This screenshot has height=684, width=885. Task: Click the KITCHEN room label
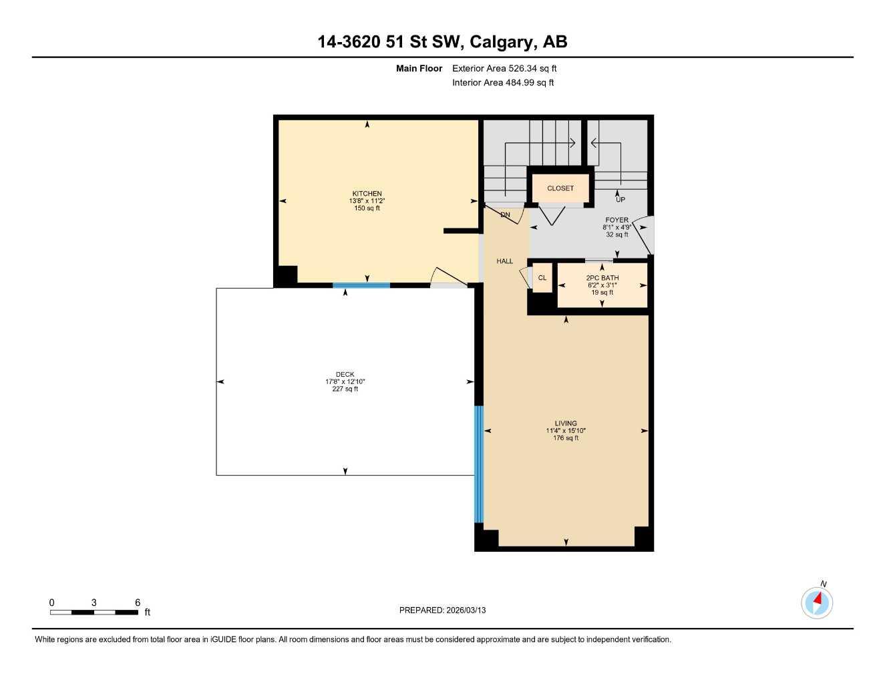(x=367, y=194)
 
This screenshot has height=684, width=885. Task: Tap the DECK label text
(x=345, y=375)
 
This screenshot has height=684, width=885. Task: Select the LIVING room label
(x=565, y=423)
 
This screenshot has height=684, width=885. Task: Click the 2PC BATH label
(x=602, y=278)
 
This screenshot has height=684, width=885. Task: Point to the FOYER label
(x=616, y=220)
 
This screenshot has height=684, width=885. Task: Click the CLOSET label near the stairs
(x=560, y=188)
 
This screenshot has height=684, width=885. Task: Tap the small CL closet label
(x=542, y=278)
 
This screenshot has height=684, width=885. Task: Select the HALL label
(x=504, y=261)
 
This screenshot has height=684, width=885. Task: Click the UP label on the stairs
(x=620, y=200)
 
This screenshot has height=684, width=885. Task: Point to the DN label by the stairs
(x=505, y=215)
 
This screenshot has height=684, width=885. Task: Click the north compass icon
(x=817, y=603)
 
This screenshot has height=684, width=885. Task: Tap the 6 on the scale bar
(x=138, y=603)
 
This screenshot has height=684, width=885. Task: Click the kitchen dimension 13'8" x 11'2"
(x=367, y=201)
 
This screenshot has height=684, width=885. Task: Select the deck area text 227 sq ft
(x=345, y=389)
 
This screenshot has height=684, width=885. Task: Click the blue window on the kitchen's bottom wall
(x=361, y=285)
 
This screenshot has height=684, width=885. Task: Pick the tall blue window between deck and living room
(x=478, y=464)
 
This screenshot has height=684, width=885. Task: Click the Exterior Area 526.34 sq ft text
(x=504, y=68)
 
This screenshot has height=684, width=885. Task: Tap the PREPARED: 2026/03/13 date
(x=442, y=610)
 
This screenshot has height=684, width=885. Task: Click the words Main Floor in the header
(x=419, y=68)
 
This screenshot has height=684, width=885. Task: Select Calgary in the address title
(x=502, y=41)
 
